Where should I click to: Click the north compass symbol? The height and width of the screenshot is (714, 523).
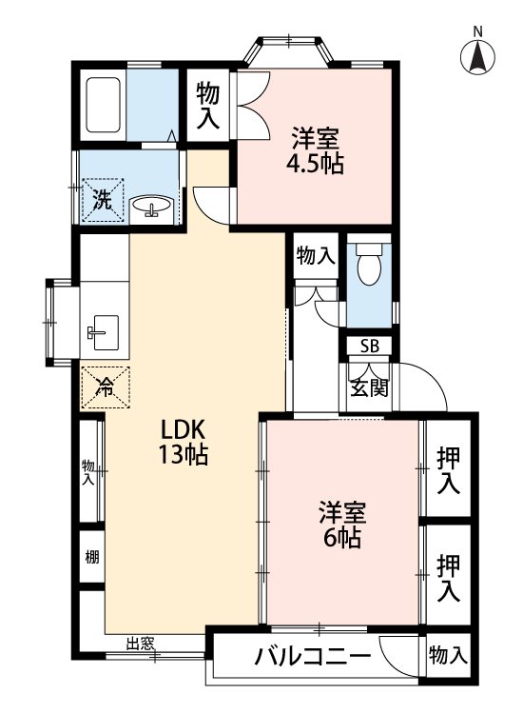pyautogui.click(x=479, y=56)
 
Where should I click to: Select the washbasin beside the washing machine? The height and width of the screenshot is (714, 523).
pyautogui.click(x=151, y=207)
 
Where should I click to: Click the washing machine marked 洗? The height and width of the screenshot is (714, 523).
pyautogui.click(x=103, y=200)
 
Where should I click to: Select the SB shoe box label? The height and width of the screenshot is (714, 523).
pyautogui.click(x=368, y=346)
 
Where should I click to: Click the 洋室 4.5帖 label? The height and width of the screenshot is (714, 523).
pyautogui.click(x=315, y=150)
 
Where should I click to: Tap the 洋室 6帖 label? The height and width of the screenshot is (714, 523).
pyautogui.click(x=339, y=525)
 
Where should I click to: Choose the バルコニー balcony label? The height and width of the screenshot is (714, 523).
pyautogui.click(x=311, y=658)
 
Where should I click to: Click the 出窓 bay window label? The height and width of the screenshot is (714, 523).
pyautogui.click(x=141, y=645)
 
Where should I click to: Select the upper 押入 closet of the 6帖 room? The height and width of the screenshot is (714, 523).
pyautogui.click(x=449, y=470)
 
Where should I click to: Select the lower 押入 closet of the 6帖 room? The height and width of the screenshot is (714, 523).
pyautogui.click(x=449, y=578)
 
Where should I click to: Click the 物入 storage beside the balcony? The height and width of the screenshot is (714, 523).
pyautogui.click(x=448, y=655)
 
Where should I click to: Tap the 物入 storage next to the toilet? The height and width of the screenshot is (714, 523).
pyautogui.click(x=315, y=256)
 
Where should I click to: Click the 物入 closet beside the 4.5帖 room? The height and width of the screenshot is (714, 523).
pyautogui.click(x=208, y=105)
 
